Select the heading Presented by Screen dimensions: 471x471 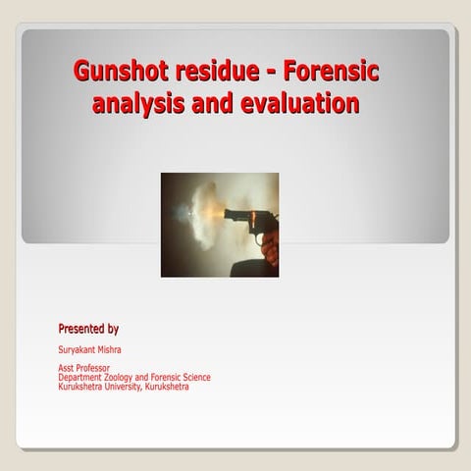[88, 328]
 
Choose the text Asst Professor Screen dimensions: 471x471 [83, 368]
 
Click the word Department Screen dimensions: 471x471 [79, 377]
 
